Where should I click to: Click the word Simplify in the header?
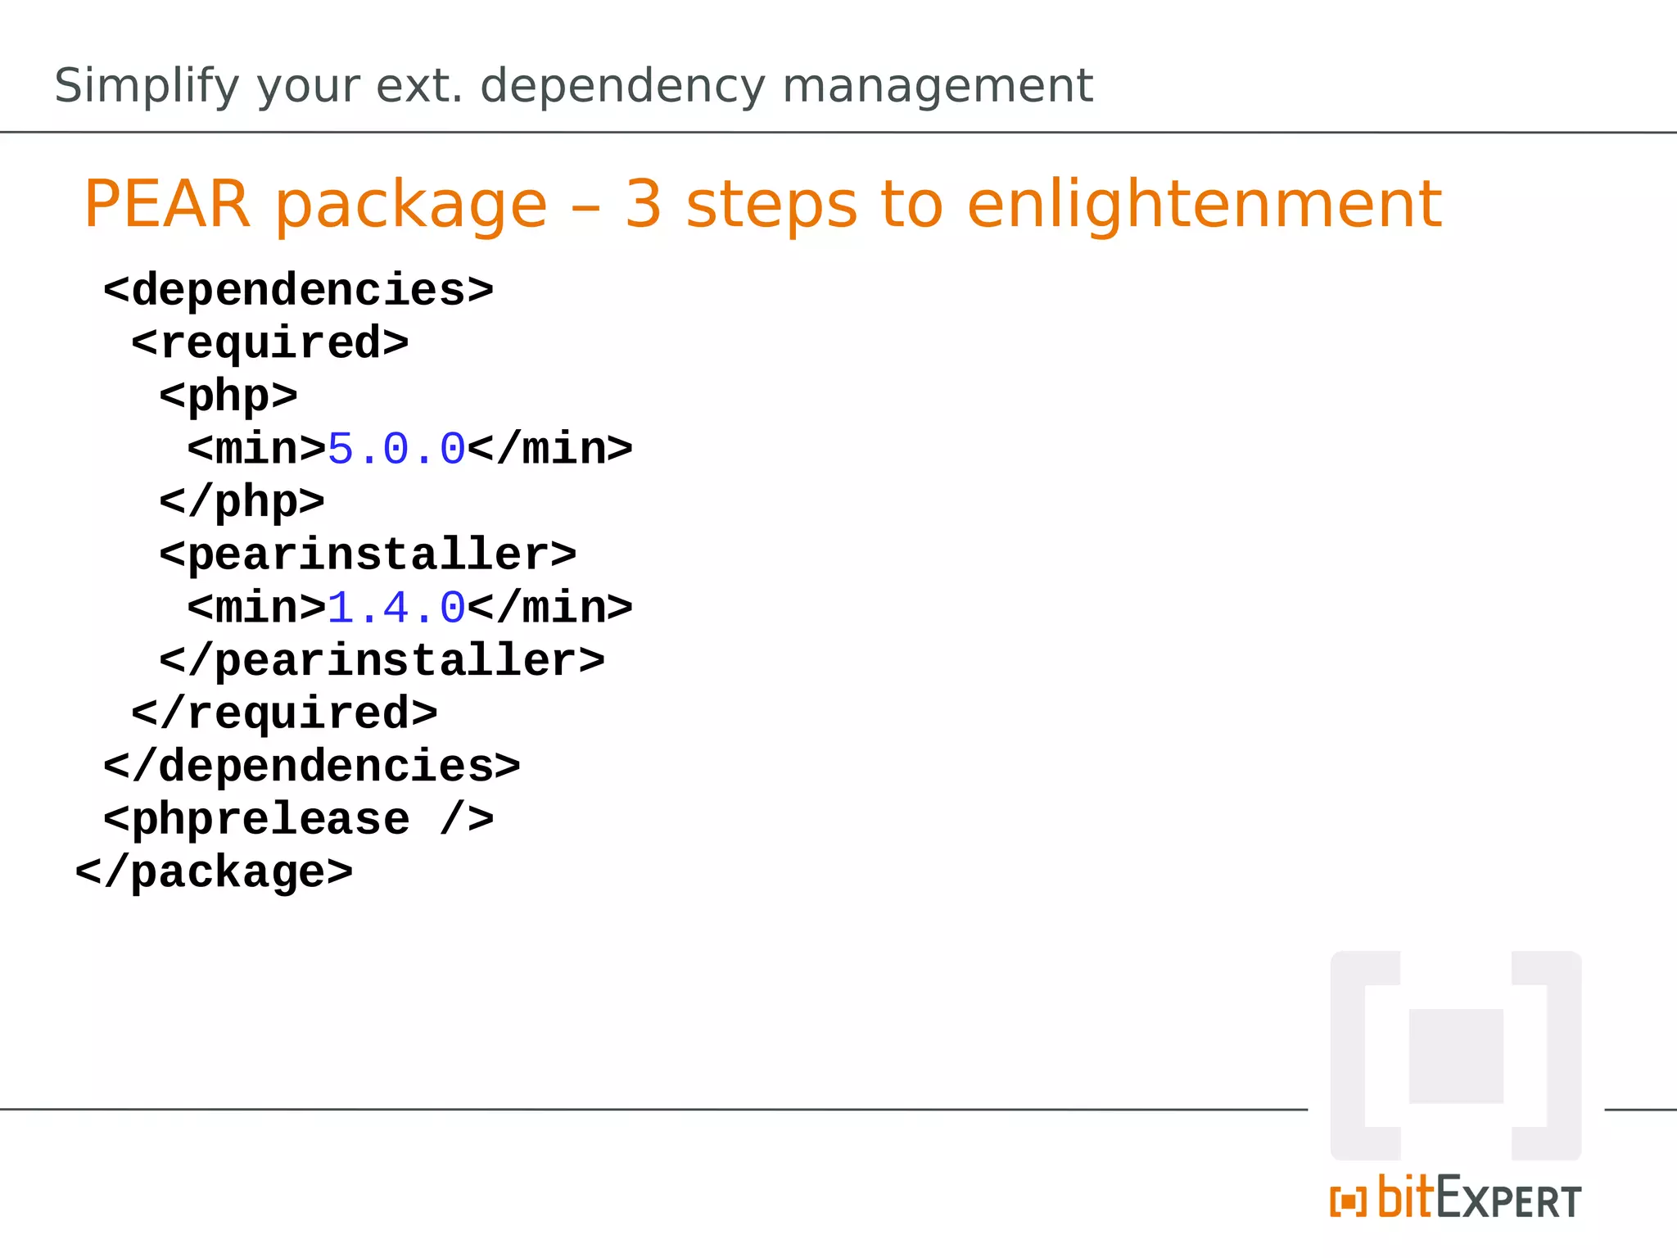(147, 86)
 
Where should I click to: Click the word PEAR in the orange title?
(166, 204)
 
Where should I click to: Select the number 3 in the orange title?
(643, 204)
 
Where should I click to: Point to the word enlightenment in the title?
(1204, 204)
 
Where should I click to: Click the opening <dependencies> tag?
(298, 290)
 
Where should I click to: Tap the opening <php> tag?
(228, 396)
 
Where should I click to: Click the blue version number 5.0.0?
(396, 449)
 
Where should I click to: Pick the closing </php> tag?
(242, 501)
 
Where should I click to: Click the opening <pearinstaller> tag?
(368, 554)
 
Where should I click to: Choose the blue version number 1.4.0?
(396, 608)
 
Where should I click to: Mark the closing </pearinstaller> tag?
(382, 660)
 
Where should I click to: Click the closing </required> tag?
(283, 713)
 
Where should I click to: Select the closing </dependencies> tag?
(311, 767)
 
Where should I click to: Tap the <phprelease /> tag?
(298, 819)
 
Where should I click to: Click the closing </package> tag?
(214, 872)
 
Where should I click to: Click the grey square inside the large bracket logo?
(1456, 1056)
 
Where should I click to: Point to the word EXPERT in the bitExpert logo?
(1508, 1201)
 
